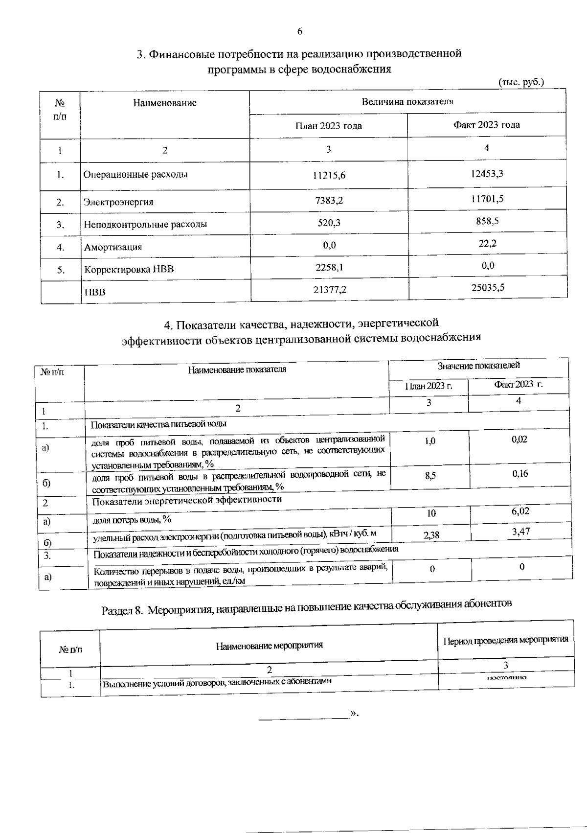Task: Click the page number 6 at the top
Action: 299,32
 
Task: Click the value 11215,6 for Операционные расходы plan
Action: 328,175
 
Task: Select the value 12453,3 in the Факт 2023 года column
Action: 487,174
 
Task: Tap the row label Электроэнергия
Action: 118,202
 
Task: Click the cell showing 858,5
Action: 487,221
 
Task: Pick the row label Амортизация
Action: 113,247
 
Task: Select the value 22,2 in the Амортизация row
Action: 487,243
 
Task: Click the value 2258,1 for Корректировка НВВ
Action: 329,267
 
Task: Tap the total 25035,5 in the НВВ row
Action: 488,288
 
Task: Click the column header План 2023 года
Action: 328,126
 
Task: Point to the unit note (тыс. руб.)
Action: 520,82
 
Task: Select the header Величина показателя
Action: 407,102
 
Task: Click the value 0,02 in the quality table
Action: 519,440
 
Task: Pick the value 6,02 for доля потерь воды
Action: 520,511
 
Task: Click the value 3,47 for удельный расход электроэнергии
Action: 520,532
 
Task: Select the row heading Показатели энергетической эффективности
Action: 187,500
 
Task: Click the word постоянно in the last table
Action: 506,678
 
